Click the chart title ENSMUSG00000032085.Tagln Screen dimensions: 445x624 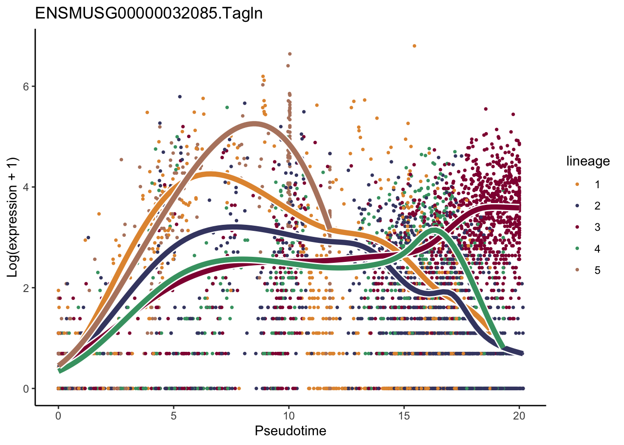[149, 13]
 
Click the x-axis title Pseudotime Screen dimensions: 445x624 [290, 431]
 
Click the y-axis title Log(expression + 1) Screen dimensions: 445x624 [12, 217]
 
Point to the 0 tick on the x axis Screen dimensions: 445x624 [58, 416]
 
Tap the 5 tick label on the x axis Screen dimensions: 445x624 [174, 416]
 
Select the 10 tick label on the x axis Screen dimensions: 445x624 [289, 416]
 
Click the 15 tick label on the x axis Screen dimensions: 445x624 [404, 416]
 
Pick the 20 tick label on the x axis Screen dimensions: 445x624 [519, 416]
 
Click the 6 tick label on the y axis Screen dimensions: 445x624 [26, 87]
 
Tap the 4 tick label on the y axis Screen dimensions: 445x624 [26, 187]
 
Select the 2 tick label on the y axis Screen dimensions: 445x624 [26, 288]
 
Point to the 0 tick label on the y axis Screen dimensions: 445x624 [26, 389]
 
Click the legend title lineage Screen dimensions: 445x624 [588, 161]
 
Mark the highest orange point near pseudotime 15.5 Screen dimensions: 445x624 [414, 46]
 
